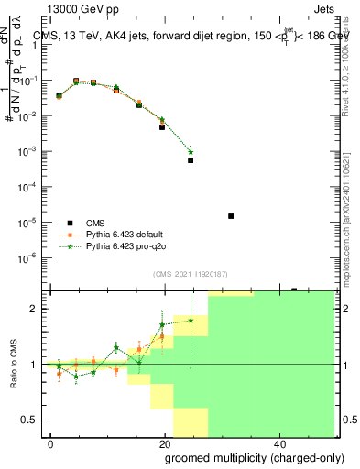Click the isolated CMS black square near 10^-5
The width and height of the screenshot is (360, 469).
(230, 216)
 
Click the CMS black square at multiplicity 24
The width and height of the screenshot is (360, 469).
(191, 160)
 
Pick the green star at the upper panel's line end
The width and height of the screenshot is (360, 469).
(191, 151)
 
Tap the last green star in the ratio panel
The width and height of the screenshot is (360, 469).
(191, 320)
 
